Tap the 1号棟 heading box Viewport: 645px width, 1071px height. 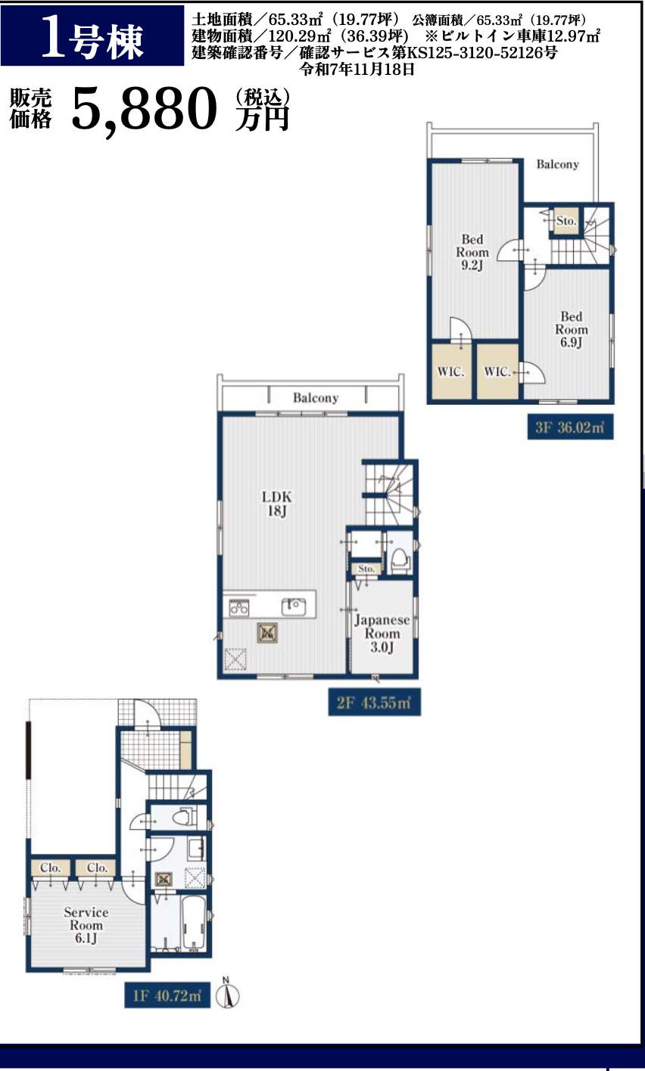(92, 36)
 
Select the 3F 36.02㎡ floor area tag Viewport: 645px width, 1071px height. (570, 427)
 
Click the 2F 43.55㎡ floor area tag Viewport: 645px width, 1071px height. (374, 703)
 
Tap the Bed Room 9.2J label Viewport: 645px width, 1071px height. (472, 252)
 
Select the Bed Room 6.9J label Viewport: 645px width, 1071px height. (572, 329)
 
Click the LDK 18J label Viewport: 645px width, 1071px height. (276, 504)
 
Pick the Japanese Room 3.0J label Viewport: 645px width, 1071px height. (382, 633)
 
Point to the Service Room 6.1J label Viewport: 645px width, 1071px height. (86, 925)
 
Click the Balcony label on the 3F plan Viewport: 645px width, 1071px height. (557, 164)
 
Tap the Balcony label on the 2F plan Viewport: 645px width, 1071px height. (316, 398)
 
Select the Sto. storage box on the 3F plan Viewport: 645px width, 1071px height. (566, 221)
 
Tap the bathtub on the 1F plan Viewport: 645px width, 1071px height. (195, 924)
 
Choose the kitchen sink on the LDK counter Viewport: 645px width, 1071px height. (293, 607)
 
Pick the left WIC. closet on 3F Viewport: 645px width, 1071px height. (451, 371)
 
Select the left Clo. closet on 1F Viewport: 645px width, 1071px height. (50, 868)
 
